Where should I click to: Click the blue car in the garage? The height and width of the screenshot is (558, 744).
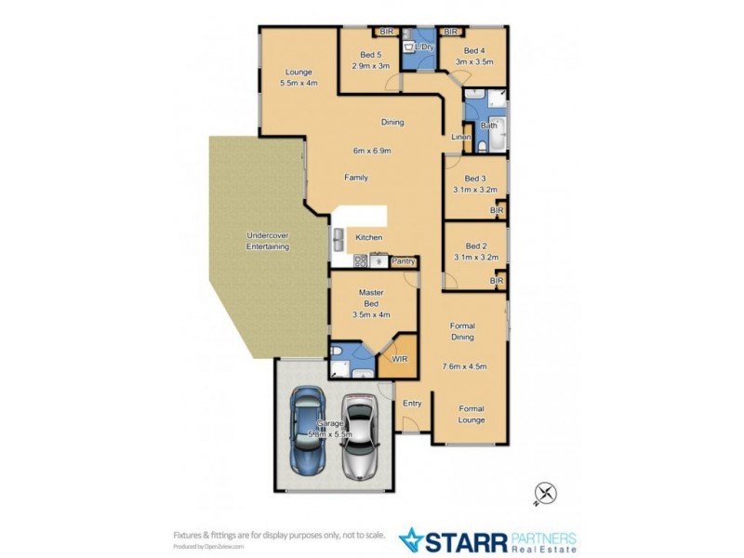(308, 432)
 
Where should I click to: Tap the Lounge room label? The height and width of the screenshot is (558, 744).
(298, 72)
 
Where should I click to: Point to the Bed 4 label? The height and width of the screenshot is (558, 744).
(473, 50)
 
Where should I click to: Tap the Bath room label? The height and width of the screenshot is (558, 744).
(488, 126)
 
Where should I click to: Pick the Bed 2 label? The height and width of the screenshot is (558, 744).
(475, 246)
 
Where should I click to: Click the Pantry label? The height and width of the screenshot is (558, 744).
(403, 261)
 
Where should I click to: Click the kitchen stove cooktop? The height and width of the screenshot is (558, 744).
(361, 261)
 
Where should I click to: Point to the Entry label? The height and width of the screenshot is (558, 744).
(411, 403)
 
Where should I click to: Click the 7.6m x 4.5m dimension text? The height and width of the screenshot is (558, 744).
(464, 366)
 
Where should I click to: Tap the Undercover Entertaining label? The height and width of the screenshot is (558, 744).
(267, 241)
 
